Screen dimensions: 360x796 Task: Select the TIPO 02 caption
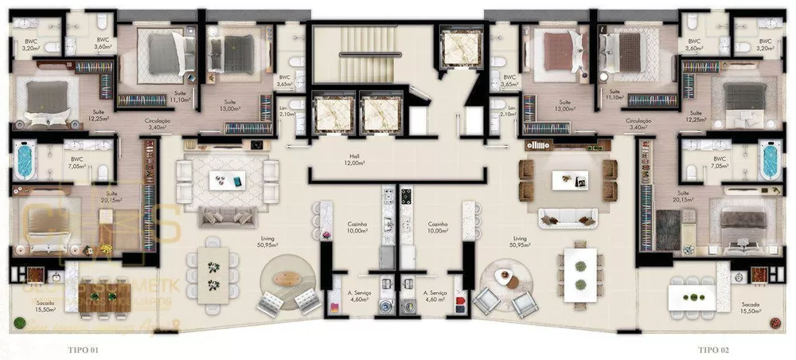[x=715, y=350]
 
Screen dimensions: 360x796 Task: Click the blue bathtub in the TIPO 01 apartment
[x=25, y=160]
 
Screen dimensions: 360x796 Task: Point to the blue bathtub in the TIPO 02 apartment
[x=769, y=160]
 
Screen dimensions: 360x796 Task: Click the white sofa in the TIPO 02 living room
[x=568, y=217]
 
